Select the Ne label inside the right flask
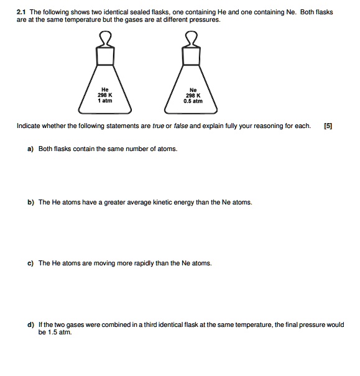(x=193, y=89)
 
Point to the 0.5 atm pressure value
(x=193, y=100)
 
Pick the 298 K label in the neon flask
(x=193, y=94)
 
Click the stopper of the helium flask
(x=106, y=43)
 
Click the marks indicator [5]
(x=328, y=126)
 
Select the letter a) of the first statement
(x=30, y=149)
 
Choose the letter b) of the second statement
(x=30, y=203)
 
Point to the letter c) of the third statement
(x=30, y=264)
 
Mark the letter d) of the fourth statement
(x=30, y=325)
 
